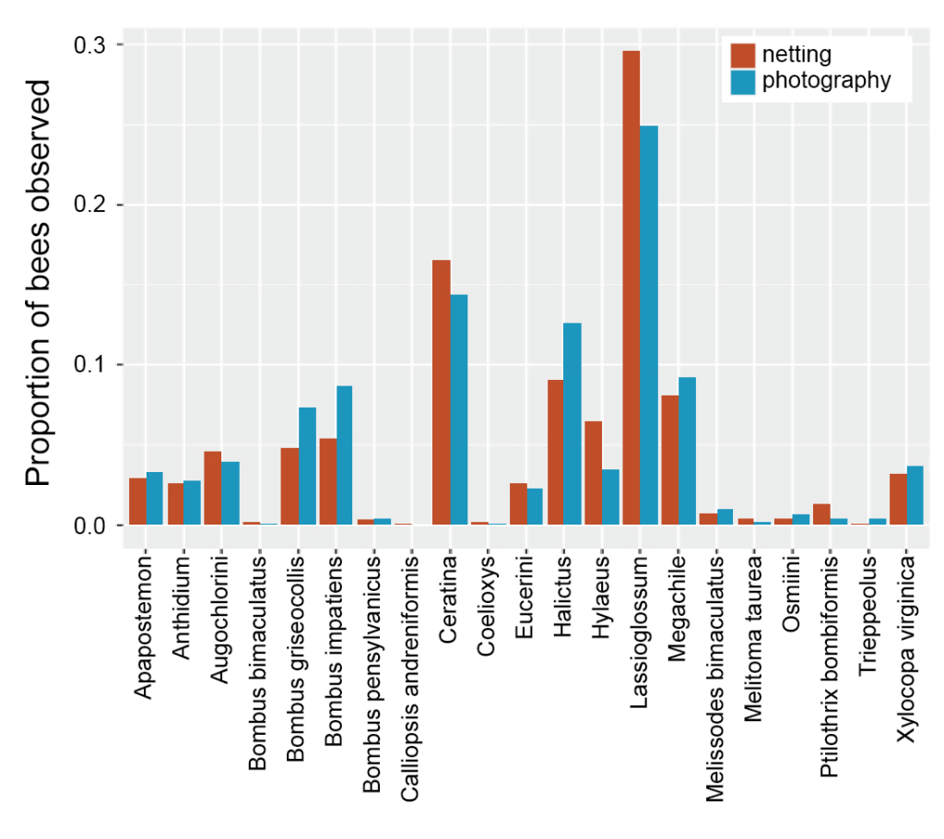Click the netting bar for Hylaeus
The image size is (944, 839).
594,472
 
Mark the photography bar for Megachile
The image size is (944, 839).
687,451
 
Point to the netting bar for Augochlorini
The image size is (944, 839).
213,488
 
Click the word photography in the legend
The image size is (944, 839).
827,80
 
